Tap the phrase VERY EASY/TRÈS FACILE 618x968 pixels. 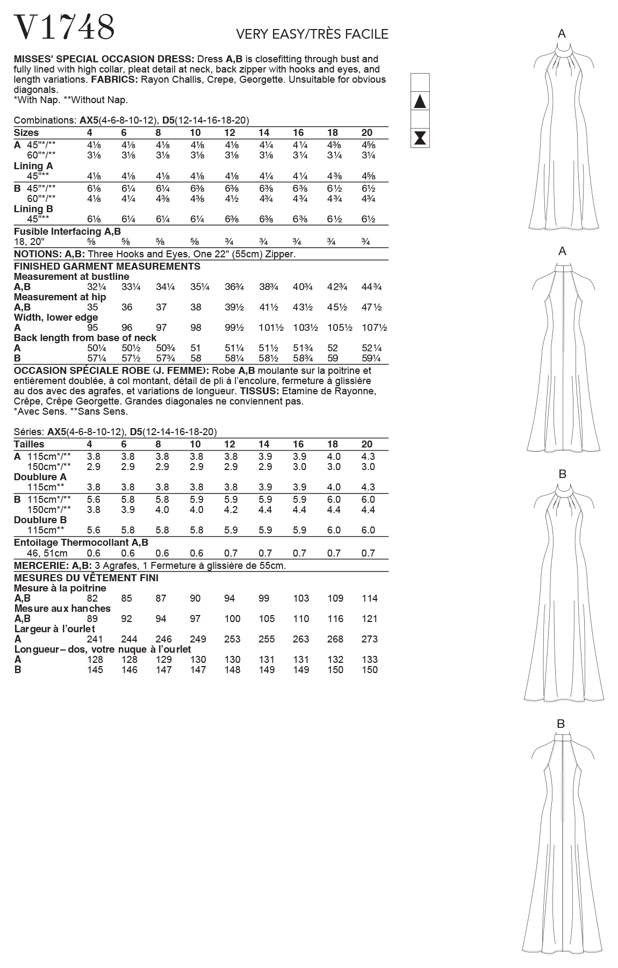(312, 34)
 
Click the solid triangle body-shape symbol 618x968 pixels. (420, 101)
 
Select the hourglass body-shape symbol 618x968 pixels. (420, 138)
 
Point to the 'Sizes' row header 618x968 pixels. (26, 133)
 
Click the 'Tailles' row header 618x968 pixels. (29, 444)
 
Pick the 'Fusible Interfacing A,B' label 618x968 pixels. (67, 232)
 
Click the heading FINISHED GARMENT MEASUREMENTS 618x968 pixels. (107, 266)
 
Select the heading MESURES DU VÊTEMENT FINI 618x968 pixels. (86, 578)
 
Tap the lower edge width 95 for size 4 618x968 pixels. (92, 328)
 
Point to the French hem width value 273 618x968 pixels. (370, 639)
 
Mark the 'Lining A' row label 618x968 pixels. (33, 166)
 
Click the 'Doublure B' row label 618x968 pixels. (40, 519)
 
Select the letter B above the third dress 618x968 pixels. (562, 474)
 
